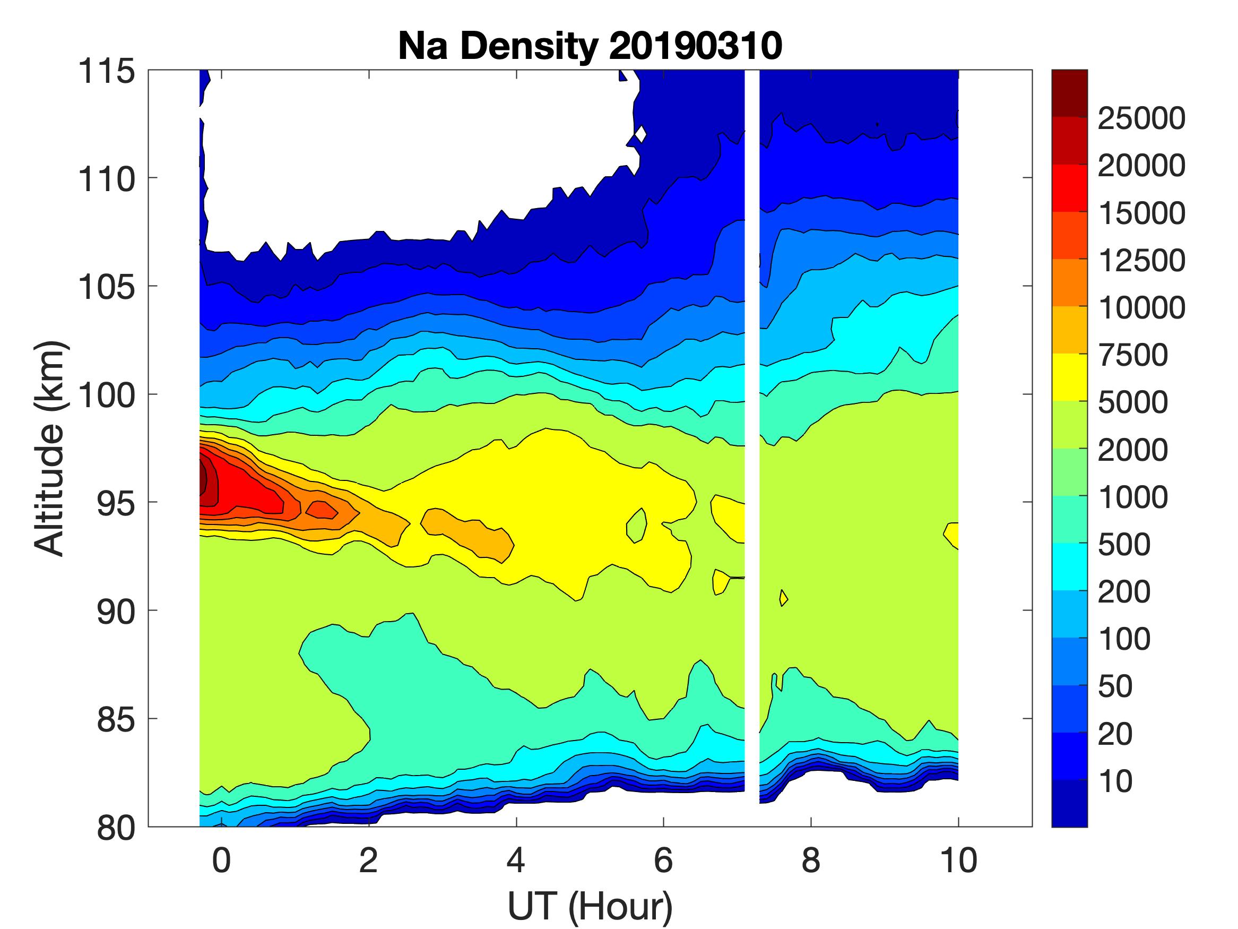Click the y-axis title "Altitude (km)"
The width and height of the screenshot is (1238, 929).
coord(50,448)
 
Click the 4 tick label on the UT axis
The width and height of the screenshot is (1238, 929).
coord(515,860)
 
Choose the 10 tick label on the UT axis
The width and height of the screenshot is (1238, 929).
coord(958,860)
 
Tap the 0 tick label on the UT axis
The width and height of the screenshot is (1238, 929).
coord(221,860)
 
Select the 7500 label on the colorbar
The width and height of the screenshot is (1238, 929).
coord(1133,355)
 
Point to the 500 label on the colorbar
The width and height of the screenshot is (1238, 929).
coord(1124,544)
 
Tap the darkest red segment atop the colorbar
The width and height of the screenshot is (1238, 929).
coord(1069,93)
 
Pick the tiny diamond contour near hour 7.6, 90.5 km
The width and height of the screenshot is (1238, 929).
coord(784,598)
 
